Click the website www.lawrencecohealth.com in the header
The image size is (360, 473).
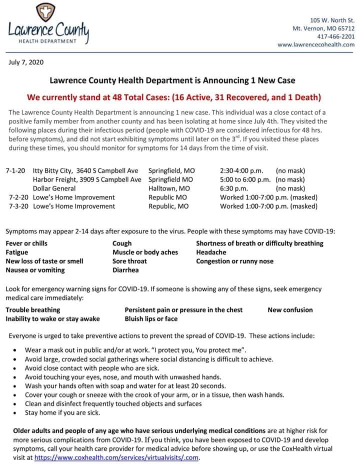tap(316, 44)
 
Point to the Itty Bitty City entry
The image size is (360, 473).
tap(85, 170)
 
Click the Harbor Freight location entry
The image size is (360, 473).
tap(87, 179)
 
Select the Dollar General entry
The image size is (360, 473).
tap(54, 188)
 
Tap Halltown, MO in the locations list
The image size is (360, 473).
tap(169, 188)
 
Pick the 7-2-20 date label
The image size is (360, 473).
tap(19, 197)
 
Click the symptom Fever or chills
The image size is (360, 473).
tap(26, 243)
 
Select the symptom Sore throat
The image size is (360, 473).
tap(129, 261)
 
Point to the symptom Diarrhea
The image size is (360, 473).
tap(125, 270)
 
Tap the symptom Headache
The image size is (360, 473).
tap(211, 252)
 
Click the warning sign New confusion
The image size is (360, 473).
tap(290, 310)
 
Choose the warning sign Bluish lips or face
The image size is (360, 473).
tap(151, 319)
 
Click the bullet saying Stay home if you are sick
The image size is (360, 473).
tap(62, 413)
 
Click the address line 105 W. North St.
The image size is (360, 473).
tap(332, 20)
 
